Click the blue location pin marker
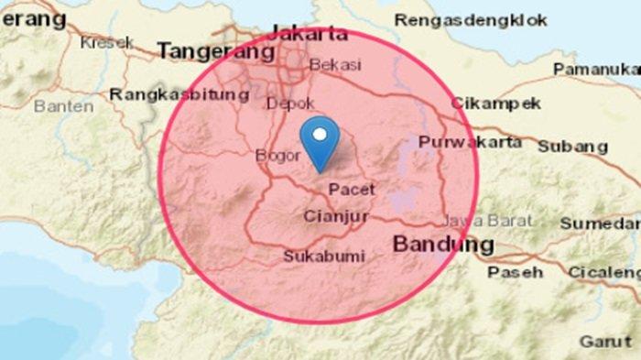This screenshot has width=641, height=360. coord(320,142)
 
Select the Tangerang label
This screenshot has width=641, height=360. coord(215,52)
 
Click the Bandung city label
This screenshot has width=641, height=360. coord(443,245)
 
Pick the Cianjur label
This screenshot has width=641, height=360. coord(334,217)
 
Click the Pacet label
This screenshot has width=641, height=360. coord(352,189)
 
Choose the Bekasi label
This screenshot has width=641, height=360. coord(336,65)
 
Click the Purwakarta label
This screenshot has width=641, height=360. coord(471,142)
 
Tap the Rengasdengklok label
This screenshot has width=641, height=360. coord(471,19)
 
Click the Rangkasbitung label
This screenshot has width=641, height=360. coord(179,93)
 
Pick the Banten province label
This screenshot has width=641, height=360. coord(63,106)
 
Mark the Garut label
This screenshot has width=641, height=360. coord(604,341)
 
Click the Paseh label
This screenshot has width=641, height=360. coord(515,272)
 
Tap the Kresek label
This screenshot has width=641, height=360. coord(107,42)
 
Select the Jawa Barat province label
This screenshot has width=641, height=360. coord(474,221)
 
